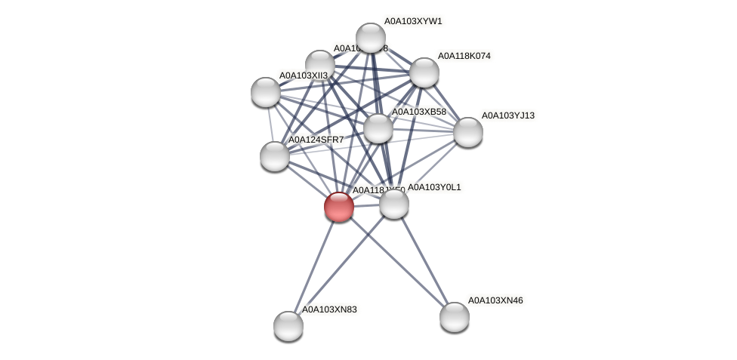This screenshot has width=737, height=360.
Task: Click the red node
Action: (x=339, y=206)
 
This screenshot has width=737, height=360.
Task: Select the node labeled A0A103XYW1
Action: (x=371, y=38)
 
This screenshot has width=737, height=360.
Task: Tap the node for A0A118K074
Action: (x=424, y=72)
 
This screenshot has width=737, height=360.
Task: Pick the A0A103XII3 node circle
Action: (x=266, y=92)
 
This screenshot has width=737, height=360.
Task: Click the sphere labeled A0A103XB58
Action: (x=378, y=128)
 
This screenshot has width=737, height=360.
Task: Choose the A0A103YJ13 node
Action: (x=468, y=132)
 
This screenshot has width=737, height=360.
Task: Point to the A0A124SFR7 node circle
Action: (x=275, y=156)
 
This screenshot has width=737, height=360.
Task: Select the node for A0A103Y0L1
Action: (x=394, y=204)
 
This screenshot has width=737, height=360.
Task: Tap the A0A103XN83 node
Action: (x=288, y=326)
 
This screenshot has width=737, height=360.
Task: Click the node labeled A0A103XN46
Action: (x=455, y=317)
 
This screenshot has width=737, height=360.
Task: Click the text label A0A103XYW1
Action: (x=413, y=21)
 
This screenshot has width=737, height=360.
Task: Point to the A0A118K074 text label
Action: (x=464, y=56)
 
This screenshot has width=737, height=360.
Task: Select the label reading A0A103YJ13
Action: (x=507, y=115)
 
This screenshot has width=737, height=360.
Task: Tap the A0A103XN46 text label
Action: (x=495, y=300)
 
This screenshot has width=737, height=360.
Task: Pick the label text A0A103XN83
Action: (x=329, y=309)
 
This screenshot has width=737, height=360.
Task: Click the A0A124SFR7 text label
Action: (x=316, y=140)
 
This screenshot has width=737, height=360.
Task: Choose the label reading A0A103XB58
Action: (x=418, y=112)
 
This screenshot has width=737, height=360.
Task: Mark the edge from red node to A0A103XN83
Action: (x=313, y=266)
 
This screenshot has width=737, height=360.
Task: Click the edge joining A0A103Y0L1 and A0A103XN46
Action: (x=424, y=260)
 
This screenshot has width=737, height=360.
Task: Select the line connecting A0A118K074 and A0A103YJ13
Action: (x=446, y=103)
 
